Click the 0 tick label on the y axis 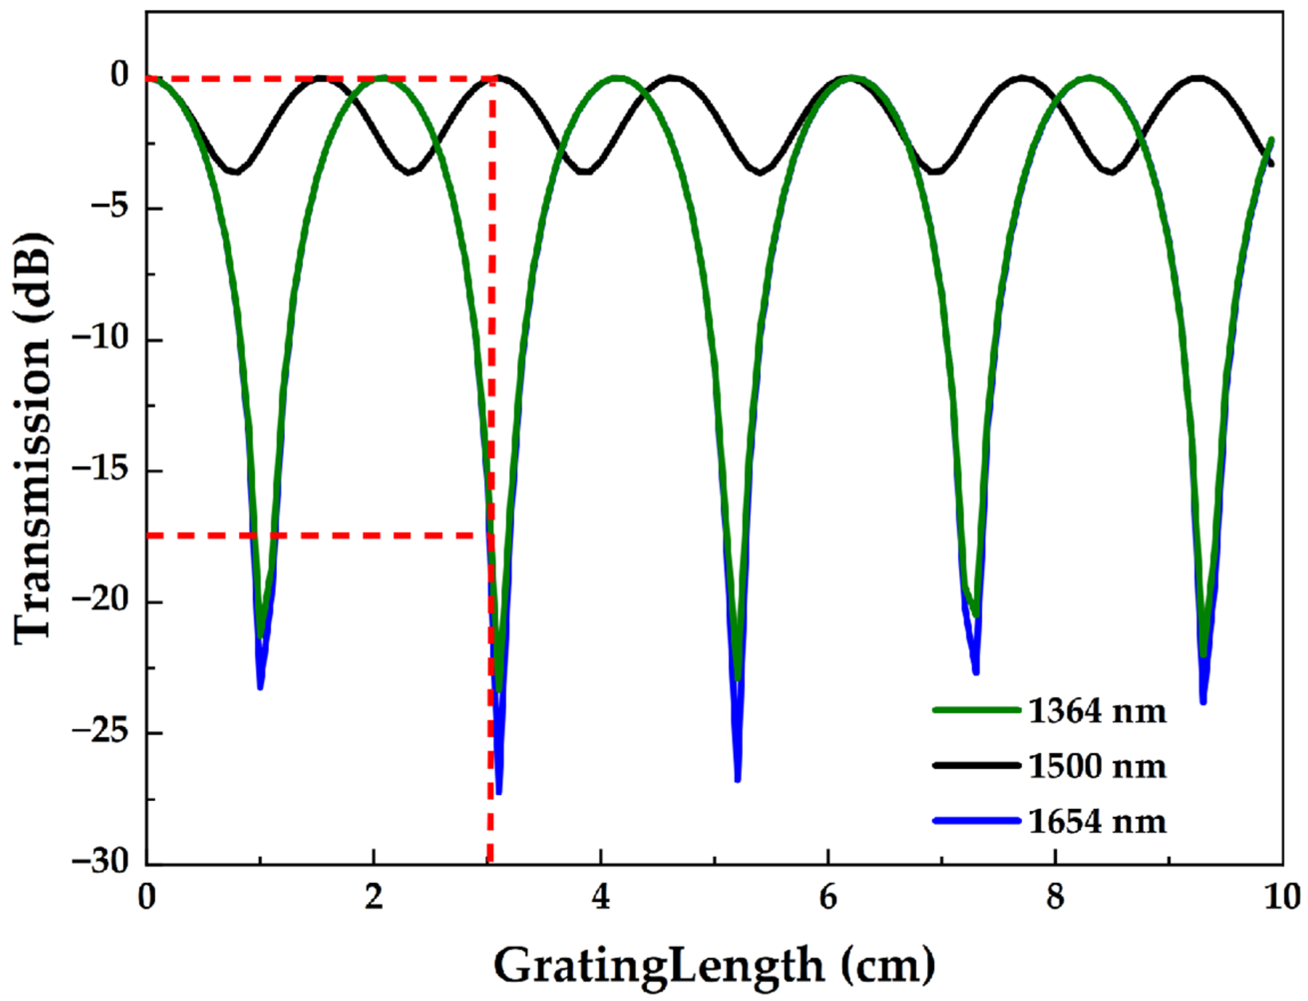click(x=120, y=76)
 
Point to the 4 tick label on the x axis click(x=601, y=898)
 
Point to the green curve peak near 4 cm click(x=618, y=77)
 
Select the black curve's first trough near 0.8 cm click(x=236, y=173)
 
